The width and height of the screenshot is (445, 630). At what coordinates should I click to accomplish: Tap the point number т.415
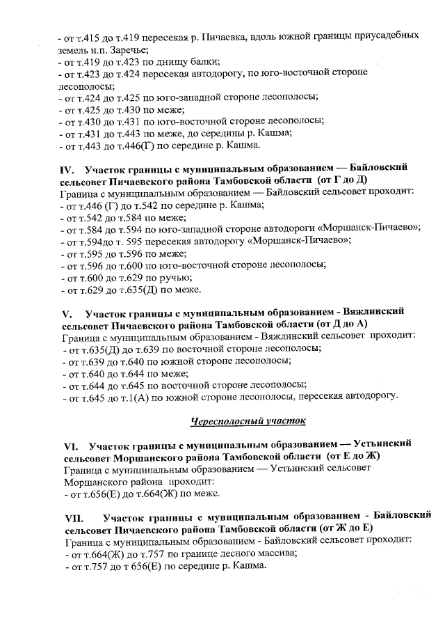(x=94, y=35)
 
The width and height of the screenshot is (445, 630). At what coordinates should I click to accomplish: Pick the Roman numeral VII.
(x=72, y=517)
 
